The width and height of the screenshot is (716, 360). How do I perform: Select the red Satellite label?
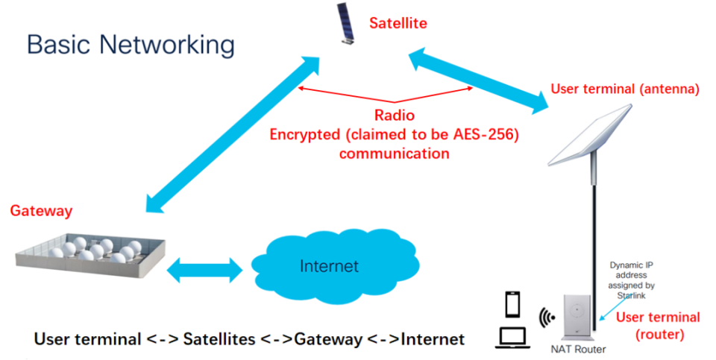pos(398,23)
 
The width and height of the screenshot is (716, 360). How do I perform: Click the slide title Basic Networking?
pos(131,45)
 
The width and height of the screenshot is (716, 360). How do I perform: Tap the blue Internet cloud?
pos(328,265)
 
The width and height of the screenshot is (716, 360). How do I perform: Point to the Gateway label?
pos(41,211)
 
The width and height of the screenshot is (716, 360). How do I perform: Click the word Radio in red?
pos(395,116)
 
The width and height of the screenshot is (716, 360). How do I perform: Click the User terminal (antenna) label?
pos(624,89)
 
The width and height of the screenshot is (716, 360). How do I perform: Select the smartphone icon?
pos(513,305)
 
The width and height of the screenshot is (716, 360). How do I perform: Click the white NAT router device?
pos(578,317)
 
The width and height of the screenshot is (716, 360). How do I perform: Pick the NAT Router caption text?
pos(579,348)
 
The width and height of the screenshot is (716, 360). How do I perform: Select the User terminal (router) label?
pos(657,325)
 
